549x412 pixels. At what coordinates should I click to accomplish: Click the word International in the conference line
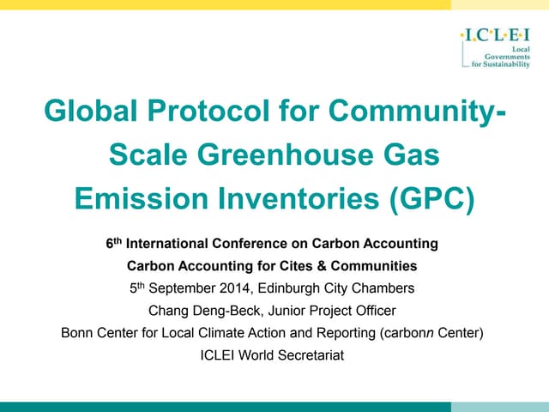168,244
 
